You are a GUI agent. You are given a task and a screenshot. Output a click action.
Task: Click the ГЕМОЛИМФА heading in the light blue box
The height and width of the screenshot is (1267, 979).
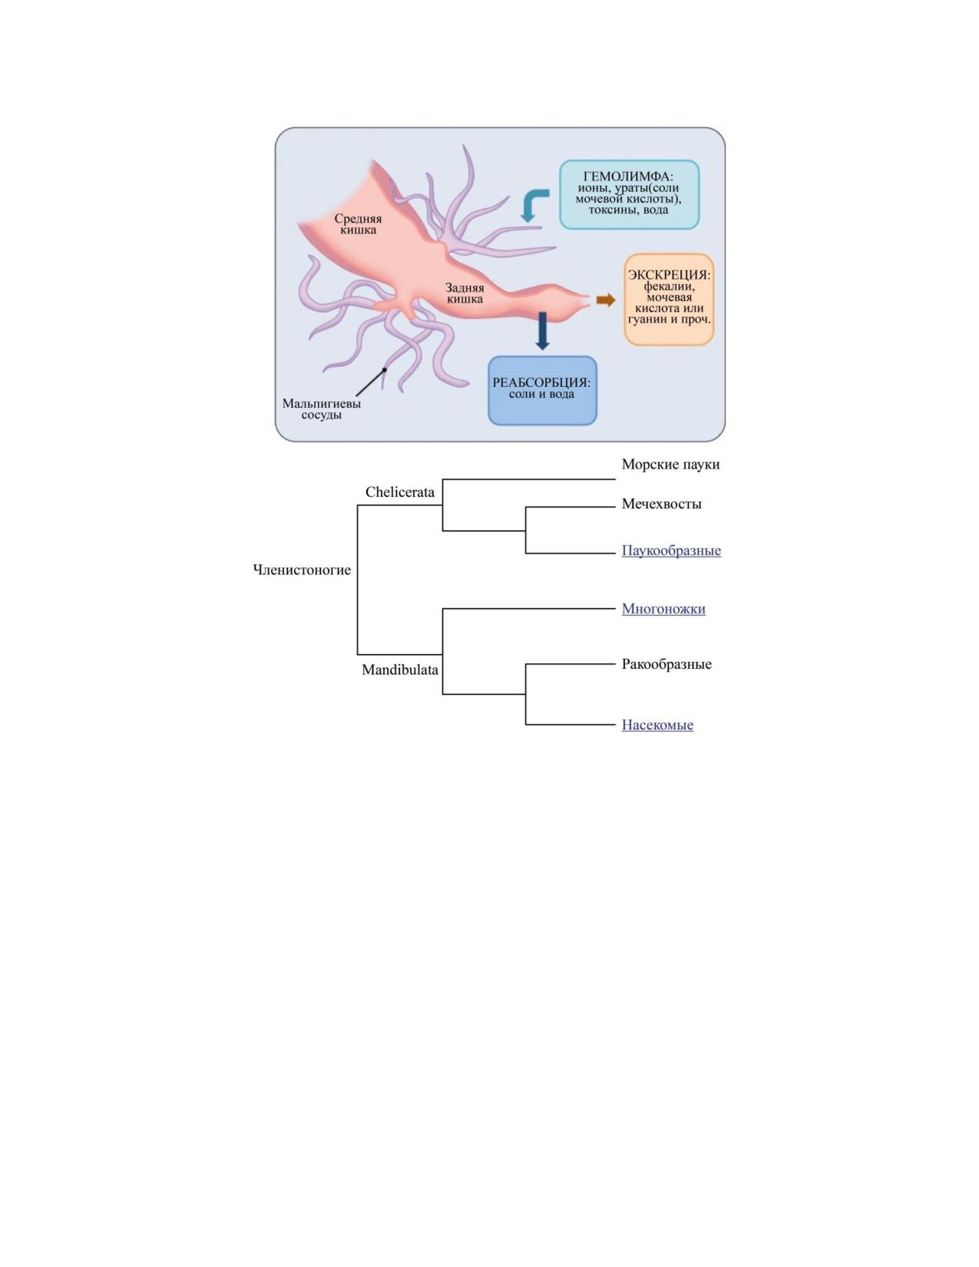pos(629,176)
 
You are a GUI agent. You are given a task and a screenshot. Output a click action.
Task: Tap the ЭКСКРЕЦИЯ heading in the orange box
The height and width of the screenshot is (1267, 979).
pos(669,275)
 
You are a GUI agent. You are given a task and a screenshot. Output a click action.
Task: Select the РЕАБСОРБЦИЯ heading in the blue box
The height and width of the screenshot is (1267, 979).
pos(541,382)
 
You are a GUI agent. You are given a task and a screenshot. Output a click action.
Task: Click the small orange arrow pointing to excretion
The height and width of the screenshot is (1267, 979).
pos(605,300)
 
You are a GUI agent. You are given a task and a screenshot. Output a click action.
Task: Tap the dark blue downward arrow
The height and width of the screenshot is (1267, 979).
pos(542,331)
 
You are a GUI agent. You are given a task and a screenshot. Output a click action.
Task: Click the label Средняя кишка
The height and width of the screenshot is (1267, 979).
pos(358,224)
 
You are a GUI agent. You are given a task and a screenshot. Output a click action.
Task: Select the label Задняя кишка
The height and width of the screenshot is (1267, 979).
pos(465,293)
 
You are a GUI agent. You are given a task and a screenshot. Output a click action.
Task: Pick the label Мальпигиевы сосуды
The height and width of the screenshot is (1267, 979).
pos(321,409)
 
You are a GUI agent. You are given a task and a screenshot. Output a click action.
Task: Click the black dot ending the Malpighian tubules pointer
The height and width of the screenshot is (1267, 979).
pos(384,369)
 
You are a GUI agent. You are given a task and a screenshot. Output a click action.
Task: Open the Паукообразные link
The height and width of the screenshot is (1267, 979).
pos(671,551)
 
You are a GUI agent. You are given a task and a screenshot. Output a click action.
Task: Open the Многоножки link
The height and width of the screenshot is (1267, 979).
pos(663,609)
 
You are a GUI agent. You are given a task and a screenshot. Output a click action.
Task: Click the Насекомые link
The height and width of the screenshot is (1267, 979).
pos(657,725)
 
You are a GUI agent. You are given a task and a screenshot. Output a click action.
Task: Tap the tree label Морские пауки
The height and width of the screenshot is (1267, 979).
pos(670,465)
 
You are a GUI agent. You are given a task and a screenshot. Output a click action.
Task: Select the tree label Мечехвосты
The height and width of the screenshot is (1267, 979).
pos(661,504)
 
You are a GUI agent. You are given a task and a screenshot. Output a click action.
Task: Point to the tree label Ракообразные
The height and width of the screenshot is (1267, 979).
pos(666,664)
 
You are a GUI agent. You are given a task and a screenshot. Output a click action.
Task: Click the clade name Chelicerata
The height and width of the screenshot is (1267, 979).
pos(400,492)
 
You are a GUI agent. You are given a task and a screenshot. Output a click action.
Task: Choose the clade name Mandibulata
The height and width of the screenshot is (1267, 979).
pos(400,670)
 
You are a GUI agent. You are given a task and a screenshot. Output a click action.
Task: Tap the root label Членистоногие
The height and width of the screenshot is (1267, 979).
pos(302,570)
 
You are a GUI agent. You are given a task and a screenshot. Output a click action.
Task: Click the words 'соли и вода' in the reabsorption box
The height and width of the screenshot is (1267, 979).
pos(541,394)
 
